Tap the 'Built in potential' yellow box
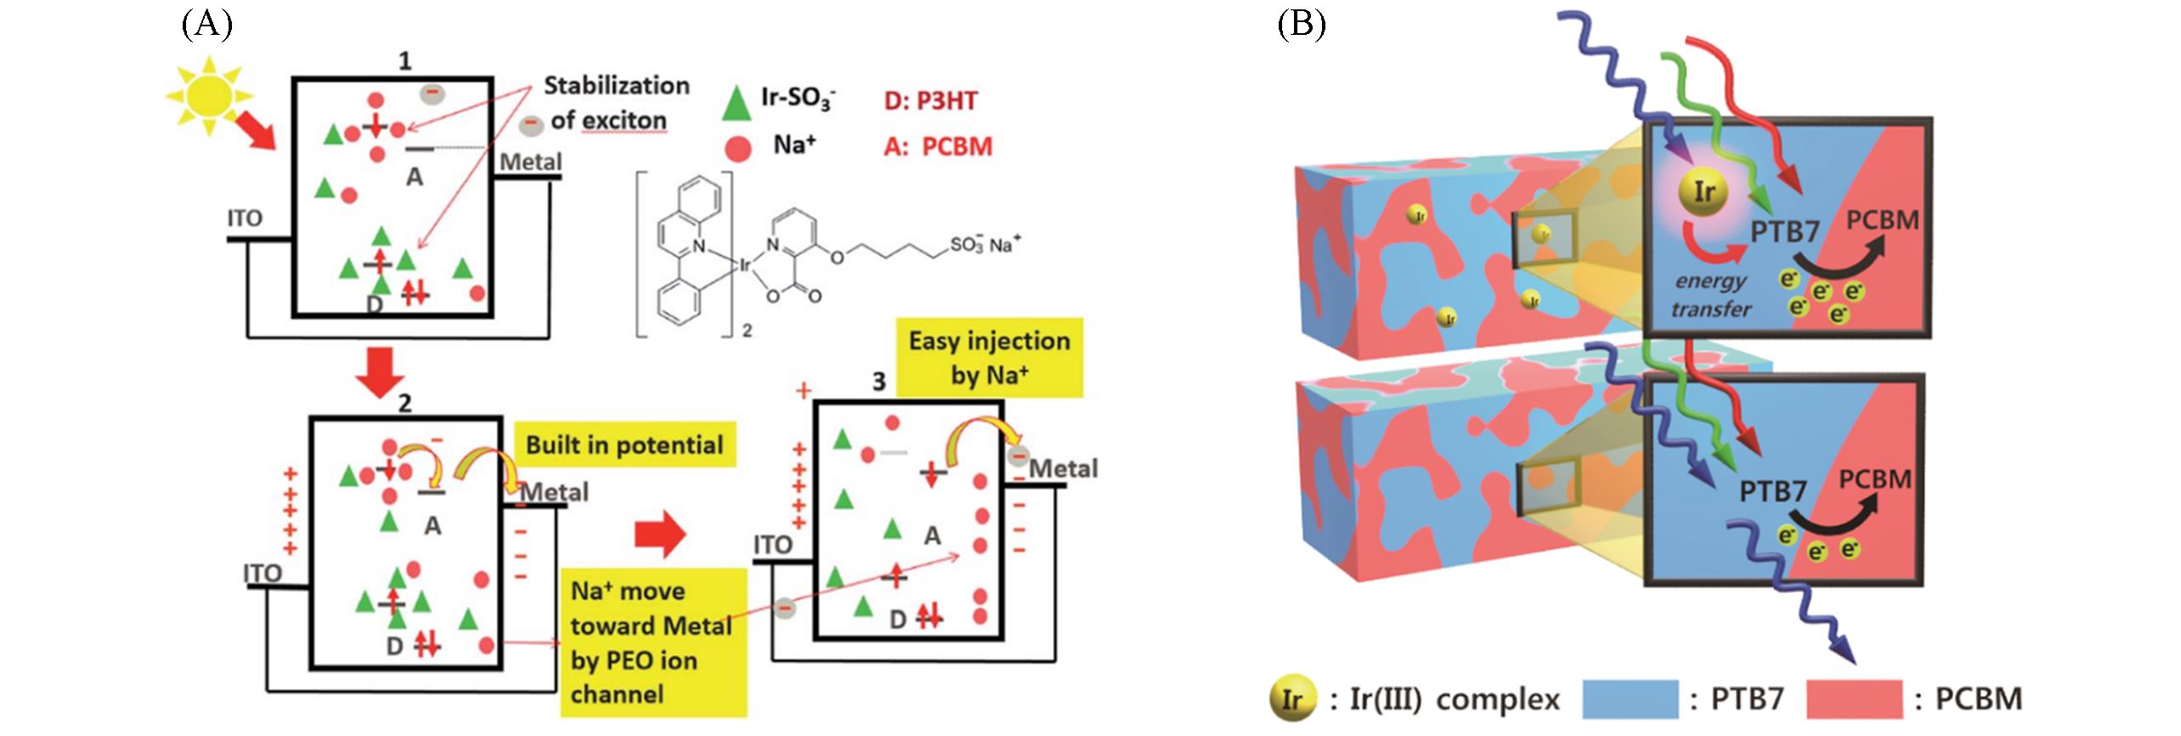624,444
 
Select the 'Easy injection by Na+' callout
989,357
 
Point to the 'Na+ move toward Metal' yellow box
652,642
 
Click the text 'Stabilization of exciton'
615,103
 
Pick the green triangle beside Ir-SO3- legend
736,103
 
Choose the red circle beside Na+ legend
738,150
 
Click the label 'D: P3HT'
930,100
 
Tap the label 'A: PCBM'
938,146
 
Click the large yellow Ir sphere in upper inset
1704,193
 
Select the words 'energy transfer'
1711,295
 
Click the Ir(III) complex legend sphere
1291,699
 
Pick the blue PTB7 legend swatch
1630,699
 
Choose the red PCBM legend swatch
1855,699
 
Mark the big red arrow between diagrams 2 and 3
659,534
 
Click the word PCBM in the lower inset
1874,479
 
